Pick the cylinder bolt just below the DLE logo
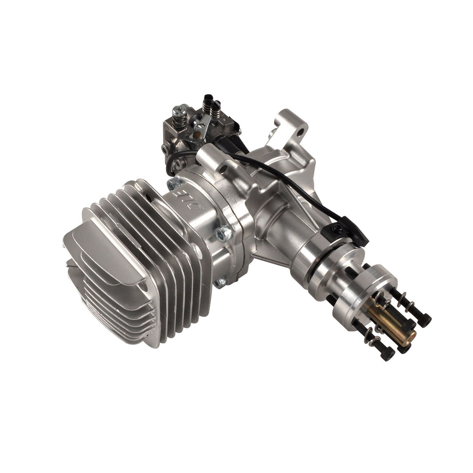pos(223,234)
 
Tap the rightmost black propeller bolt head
pos(423,320)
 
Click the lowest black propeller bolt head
pos(387,354)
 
